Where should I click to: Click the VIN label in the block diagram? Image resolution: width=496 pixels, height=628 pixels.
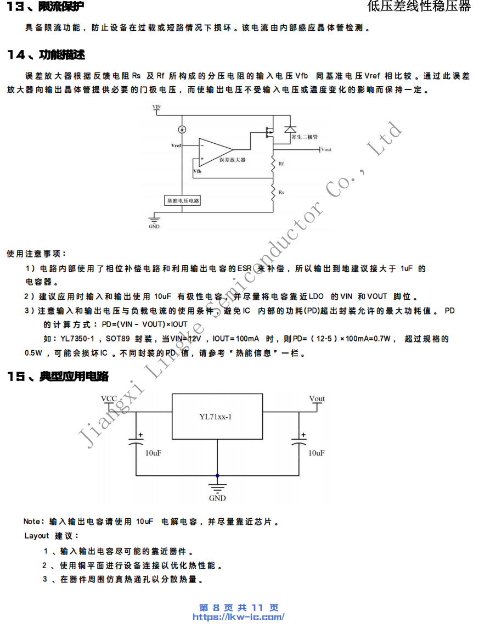point(157,108)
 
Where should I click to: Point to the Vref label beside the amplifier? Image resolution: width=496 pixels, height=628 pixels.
point(176,146)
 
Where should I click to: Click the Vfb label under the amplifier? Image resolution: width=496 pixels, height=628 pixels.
point(197,172)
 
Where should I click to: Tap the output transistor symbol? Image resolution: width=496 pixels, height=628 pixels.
point(269,132)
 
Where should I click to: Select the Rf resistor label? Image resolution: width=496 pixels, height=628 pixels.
point(281,164)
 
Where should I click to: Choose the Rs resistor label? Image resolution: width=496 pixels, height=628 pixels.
point(281,193)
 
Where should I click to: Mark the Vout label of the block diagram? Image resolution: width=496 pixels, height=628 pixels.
point(326,149)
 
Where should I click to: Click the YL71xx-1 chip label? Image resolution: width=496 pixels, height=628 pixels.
point(216,417)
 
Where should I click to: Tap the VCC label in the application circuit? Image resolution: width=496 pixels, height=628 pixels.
point(109,399)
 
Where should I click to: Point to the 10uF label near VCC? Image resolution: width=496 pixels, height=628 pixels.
point(153,453)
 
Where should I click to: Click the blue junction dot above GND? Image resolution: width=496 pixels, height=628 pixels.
point(217,475)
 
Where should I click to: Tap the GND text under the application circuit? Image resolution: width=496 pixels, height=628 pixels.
point(217,498)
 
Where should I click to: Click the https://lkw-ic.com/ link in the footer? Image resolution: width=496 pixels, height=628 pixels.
point(238,617)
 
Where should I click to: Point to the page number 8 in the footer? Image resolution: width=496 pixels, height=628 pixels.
point(216,608)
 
